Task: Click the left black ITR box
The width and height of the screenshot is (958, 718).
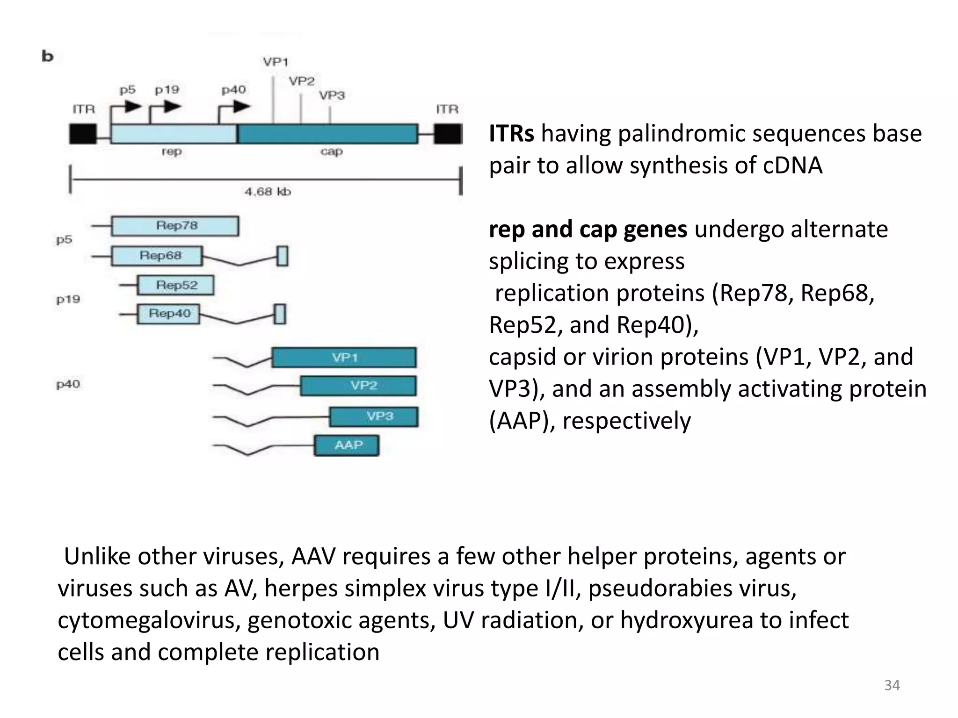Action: pyautogui.click(x=83, y=134)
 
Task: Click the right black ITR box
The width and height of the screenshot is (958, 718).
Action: pyautogui.click(x=448, y=134)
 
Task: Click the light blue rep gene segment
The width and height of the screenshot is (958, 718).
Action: pyautogui.click(x=174, y=134)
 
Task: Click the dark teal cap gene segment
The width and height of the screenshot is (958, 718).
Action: pyautogui.click(x=327, y=134)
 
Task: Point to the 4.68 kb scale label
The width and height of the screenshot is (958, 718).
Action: pyautogui.click(x=268, y=192)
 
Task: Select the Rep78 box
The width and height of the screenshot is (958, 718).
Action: pyautogui.click(x=175, y=226)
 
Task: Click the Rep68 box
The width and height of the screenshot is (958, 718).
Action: pyautogui.click(x=157, y=256)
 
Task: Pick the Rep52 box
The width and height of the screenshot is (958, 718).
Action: pyautogui.click(x=176, y=285)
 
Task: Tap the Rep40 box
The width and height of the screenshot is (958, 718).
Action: pyautogui.click(x=168, y=314)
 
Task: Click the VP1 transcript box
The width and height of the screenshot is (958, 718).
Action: pyautogui.click(x=344, y=358)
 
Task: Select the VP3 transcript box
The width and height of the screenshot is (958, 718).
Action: pyautogui.click(x=374, y=416)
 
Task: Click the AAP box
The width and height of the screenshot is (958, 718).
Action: pyautogui.click(x=347, y=445)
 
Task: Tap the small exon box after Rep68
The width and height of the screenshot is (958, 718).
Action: pyautogui.click(x=282, y=256)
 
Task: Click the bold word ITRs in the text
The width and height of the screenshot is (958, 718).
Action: pyautogui.click(x=511, y=134)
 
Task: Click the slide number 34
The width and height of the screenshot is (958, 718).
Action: pyautogui.click(x=892, y=685)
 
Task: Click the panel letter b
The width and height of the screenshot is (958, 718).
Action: pyautogui.click(x=48, y=56)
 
